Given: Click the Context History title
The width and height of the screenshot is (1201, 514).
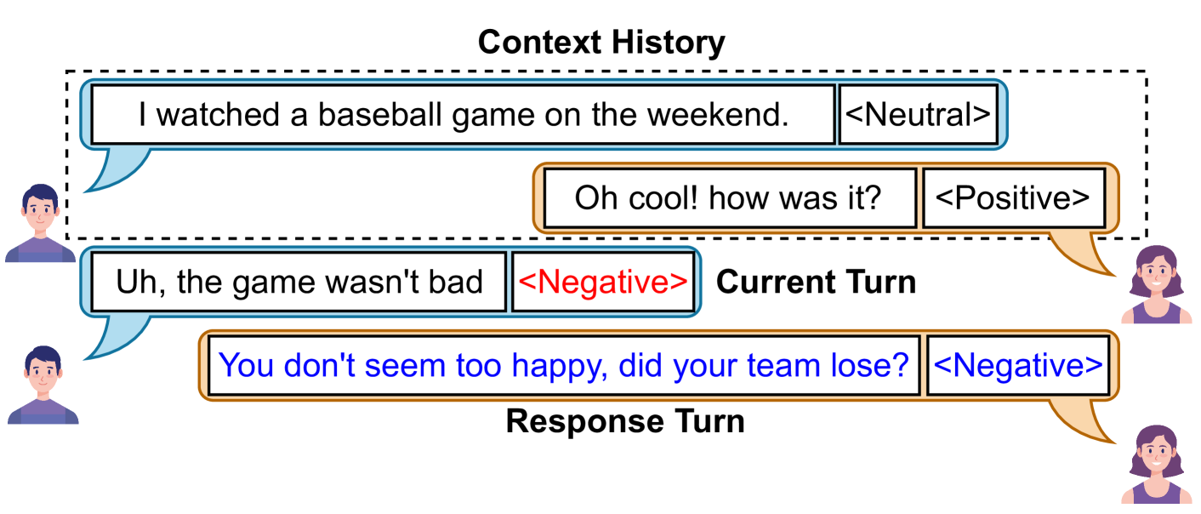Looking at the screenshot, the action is tap(601, 43).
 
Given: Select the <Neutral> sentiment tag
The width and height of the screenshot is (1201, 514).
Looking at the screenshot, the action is tap(918, 114).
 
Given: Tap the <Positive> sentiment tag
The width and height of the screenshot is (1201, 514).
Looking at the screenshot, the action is tap(1012, 197).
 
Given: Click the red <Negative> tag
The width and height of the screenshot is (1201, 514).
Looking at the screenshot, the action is tap(603, 282).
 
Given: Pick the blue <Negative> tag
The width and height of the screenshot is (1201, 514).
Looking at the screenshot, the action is tap(1017, 365).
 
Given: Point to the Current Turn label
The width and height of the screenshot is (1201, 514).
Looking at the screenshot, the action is tap(816, 283).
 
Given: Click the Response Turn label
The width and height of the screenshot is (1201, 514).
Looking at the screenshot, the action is tap(625, 421).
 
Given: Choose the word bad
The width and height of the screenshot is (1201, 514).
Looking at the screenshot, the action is tap(455, 282).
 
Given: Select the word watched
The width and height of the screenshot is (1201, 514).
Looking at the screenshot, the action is tap(218, 114).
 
